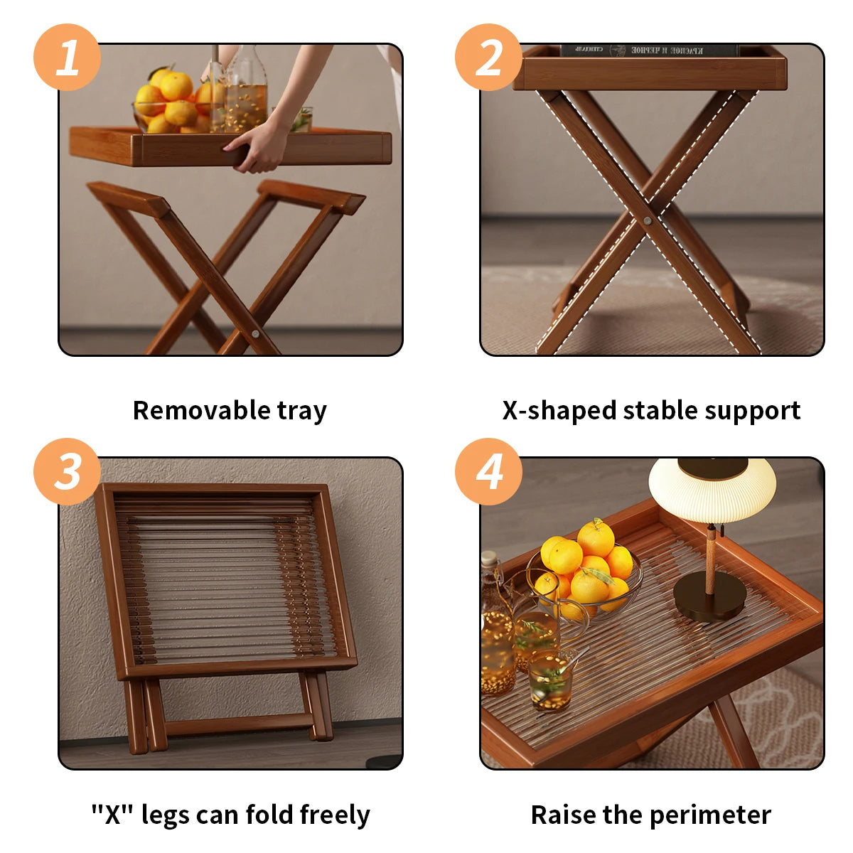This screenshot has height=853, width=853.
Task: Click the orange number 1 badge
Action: (x=67, y=57)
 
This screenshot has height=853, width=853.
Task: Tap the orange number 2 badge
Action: (x=488, y=57)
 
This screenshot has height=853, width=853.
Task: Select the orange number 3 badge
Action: (x=67, y=471)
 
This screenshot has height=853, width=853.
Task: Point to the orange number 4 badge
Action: (x=488, y=471)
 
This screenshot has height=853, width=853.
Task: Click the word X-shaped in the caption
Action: (x=559, y=411)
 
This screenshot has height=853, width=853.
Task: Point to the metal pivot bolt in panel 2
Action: (x=648, y=221)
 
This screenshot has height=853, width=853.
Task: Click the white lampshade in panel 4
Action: (x=712, y=490)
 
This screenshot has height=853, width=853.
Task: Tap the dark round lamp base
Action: (x=709, y=601)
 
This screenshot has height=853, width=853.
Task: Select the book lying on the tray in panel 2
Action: (x=648, y=50)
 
